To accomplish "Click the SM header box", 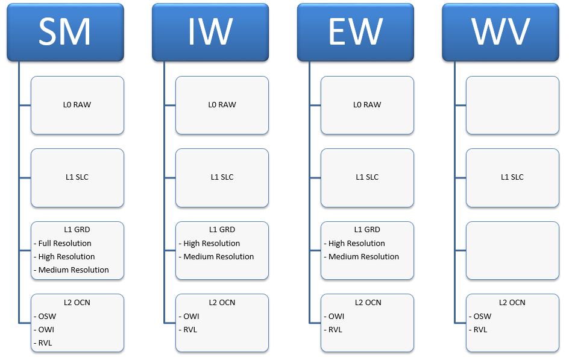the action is [x=65, y=32].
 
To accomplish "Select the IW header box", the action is [x=210, y=32].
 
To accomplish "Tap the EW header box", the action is [x=356, y=32].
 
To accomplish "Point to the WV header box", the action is [x=500, y=32].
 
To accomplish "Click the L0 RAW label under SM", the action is [x=77, y=105].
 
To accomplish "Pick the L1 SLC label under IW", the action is [x=222, y=177].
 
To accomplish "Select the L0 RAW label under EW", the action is [x=367, y=105].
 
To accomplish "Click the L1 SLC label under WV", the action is [x=512, y=177].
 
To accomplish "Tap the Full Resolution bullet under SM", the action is [x=62, y=243].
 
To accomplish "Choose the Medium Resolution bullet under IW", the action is [x=216, y=257].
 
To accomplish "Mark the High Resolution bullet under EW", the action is [x=354, y=243].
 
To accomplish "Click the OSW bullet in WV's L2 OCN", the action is [x=480, y=316].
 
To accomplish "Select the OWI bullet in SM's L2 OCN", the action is [x=44, y=330].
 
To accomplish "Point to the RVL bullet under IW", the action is [x=188, y=330].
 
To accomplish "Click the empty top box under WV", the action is [x=512, y=105].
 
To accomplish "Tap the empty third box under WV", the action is [x=512, y=250].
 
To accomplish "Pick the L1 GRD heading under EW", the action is [x=367, y=230].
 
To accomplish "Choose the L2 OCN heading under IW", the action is [x=222, y=303].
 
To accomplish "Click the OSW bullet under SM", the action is [x=45, y=316].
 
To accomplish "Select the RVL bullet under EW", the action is [x=333, y=330].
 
